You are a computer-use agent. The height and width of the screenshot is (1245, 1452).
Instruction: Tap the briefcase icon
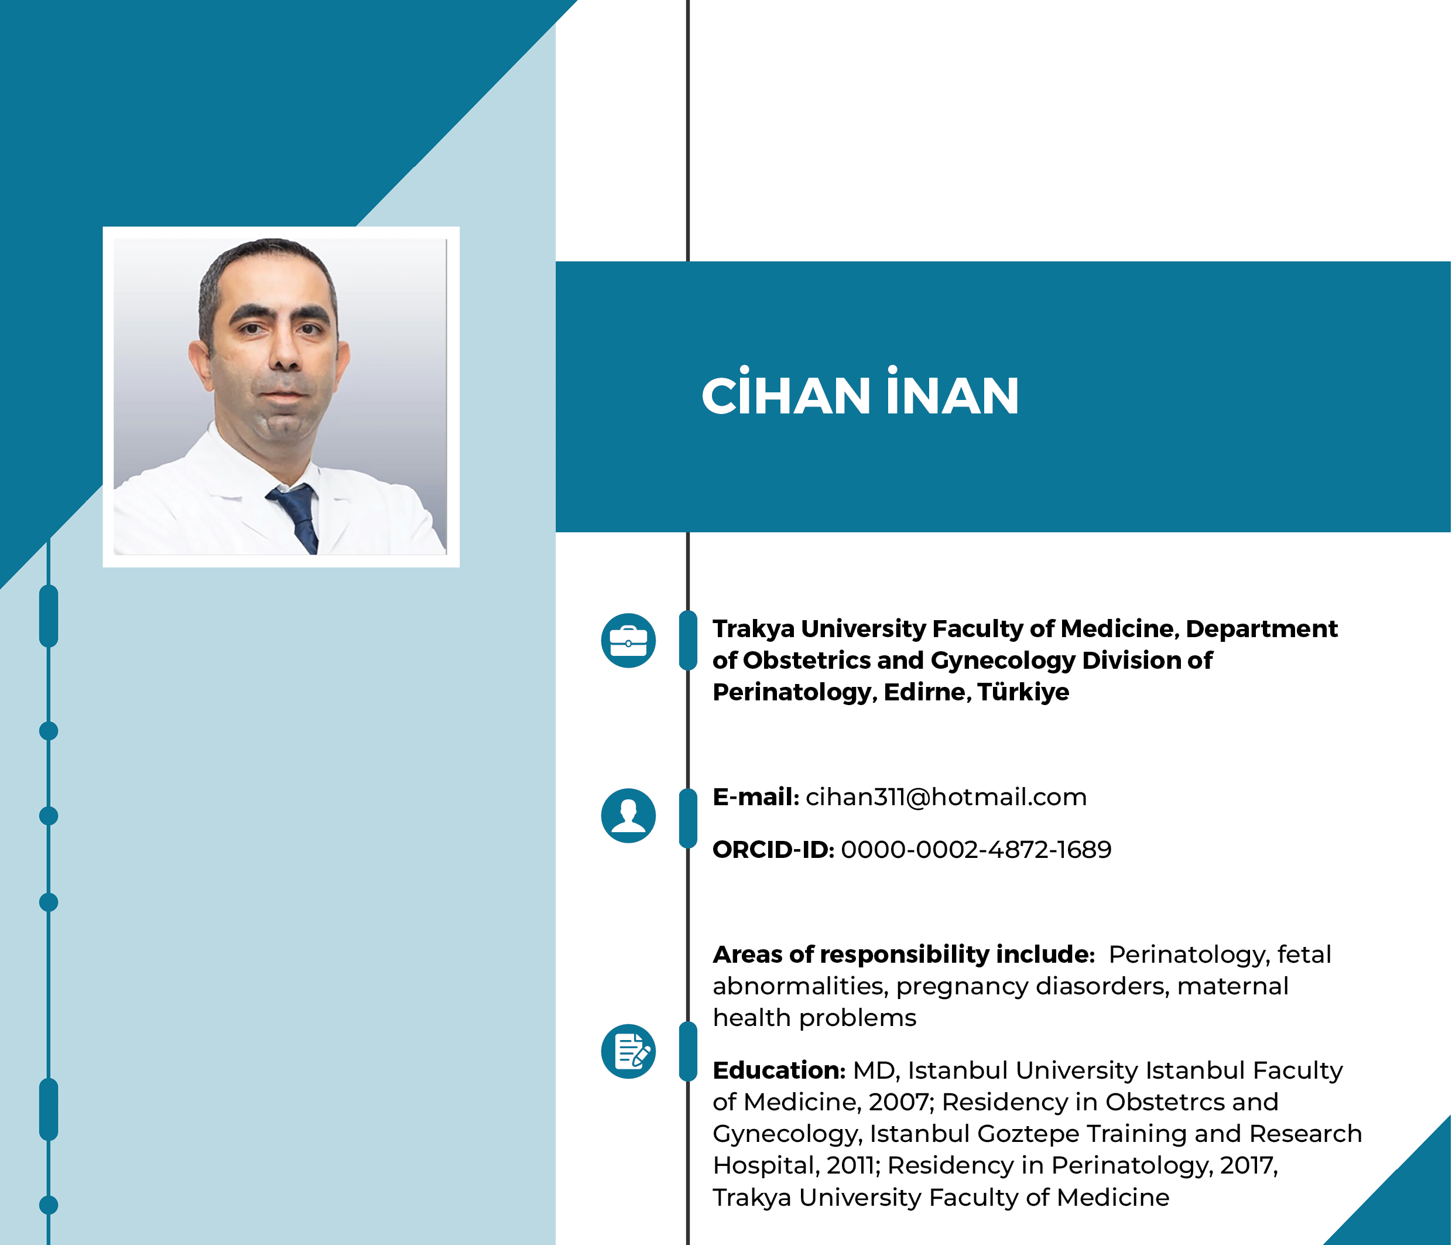point(629,641)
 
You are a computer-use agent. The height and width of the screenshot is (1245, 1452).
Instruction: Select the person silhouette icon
point(629,815)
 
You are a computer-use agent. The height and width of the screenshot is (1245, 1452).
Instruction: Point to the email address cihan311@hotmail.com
point(946,797)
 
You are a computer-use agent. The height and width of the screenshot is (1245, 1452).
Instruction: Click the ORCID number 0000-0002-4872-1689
point(976,850)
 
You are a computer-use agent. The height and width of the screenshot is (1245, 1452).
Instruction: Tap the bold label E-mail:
point(756,797)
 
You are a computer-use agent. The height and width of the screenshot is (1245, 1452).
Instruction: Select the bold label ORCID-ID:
point(773,850)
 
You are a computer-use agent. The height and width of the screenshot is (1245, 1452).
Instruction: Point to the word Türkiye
point(1023,692)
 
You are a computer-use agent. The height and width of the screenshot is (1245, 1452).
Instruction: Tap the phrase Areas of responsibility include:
point(904,955)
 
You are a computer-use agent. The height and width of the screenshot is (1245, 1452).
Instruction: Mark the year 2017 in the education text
point(1249,1165)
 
